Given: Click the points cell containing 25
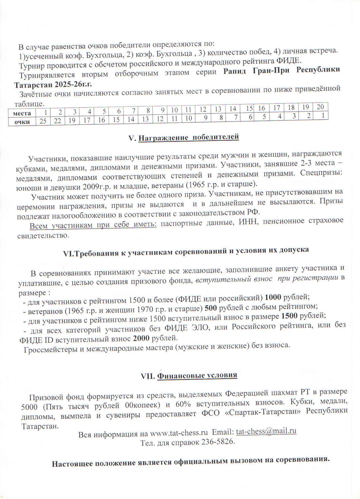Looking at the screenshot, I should tap(43, 121).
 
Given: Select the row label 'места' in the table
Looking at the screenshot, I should tap(22, 113).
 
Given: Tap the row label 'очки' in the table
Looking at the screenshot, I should tap(22, 122).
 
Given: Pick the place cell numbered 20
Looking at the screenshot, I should tap(320, 107).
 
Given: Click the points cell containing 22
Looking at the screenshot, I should tap(58, 121).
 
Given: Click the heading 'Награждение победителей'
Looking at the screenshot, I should tap(188, 137).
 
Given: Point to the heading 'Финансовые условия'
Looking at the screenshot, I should tap(197, 375).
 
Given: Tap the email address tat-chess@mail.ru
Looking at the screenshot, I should tap(266, 431).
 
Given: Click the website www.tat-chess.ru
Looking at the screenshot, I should tap(179, 433).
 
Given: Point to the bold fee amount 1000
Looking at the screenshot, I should tap(273, 297).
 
